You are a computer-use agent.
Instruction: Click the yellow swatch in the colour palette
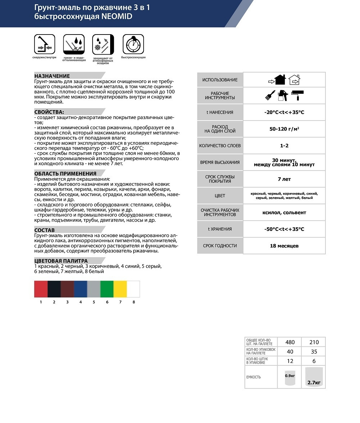(x=120, y=289)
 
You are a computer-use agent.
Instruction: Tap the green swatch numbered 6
(x=107, y=289)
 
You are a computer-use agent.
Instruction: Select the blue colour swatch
(x=81, y=289)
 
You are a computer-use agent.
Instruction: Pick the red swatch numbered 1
(x=41, y=289)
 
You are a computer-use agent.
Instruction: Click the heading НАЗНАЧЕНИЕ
(x=52, y=76)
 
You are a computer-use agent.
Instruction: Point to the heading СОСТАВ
(x=45, y=230)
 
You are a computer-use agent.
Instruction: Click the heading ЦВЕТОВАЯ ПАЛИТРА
(x=61, y=261)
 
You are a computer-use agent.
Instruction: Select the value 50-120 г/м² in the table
(x=284, y=129)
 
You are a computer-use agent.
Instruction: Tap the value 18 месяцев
(x=284, y=246)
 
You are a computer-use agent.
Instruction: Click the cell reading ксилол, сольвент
(x=284, y=213)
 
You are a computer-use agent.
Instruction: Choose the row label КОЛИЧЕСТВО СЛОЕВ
(x=220, y=146)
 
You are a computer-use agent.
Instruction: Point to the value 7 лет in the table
(x=284, y=179)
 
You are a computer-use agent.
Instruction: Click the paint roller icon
(x=298, y=95)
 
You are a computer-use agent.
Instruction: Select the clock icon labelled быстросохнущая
(x=133, y=44)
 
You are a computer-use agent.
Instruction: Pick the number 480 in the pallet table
(x=290, y=342)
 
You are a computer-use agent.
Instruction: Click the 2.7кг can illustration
(x=314, y=377)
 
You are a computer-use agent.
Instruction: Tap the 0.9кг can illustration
(x=290, y=377)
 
